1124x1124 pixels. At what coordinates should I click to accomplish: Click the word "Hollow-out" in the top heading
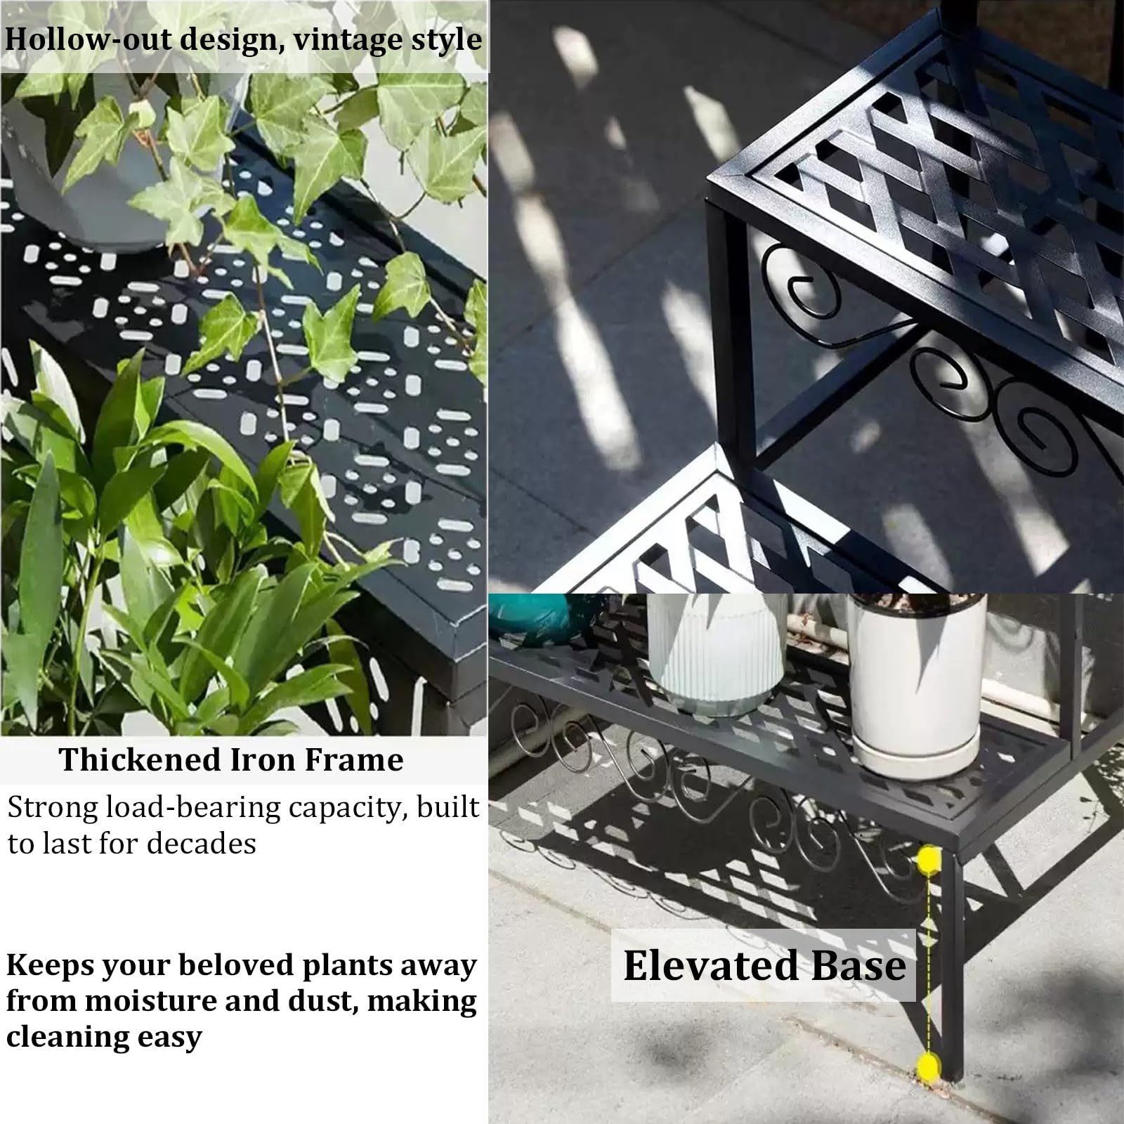(87, 39)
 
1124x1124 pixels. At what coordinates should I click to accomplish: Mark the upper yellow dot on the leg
(929, 859)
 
